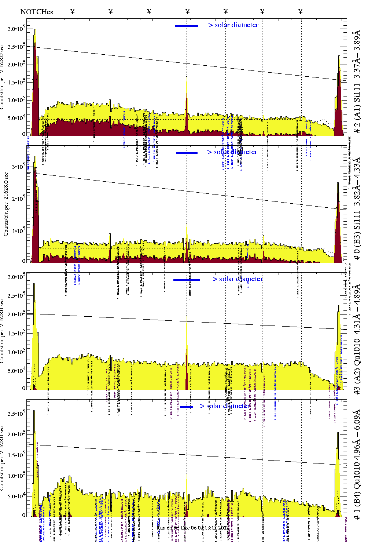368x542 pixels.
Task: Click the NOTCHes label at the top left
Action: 37,12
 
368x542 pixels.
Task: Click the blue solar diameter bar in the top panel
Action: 186,26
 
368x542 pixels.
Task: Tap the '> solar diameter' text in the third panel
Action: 238,279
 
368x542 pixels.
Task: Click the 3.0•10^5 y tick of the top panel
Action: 16,29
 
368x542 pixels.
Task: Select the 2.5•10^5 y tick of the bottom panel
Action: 16,414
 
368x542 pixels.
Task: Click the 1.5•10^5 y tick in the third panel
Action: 16,333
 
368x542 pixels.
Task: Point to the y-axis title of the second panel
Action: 6,210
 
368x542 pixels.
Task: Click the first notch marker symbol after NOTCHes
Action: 72,12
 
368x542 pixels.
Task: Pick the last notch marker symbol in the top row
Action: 301,12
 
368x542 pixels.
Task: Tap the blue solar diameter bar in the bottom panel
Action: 187,407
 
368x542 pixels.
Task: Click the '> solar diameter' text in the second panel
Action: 232,152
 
